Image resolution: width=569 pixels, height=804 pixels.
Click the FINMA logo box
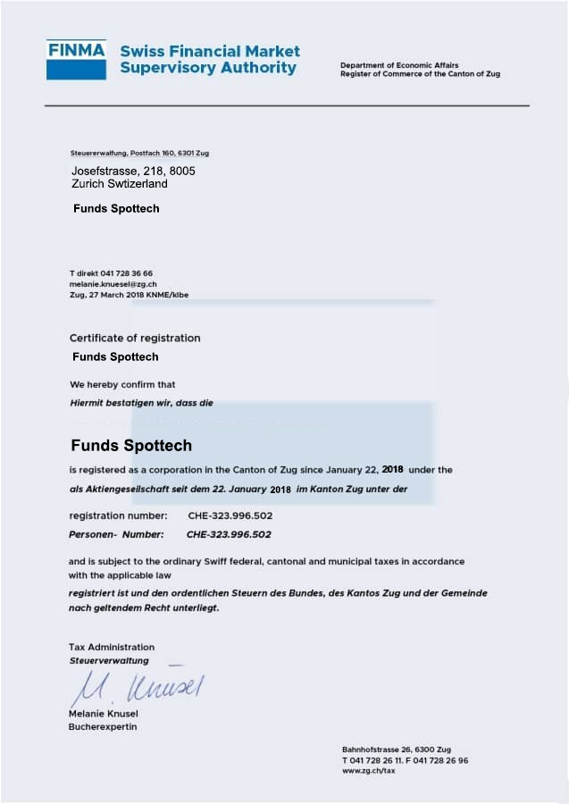click(77, 59)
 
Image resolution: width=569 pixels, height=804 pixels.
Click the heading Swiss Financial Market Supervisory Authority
click(210, 59)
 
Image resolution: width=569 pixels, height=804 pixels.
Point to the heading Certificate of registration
click(135, 338)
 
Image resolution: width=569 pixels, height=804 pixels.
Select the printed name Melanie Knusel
click(103, 714)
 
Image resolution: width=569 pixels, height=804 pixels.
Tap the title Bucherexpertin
click(103, 726)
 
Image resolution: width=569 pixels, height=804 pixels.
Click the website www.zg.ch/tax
click(368, 771)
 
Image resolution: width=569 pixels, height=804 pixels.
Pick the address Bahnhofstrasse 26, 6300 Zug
click(396, 749)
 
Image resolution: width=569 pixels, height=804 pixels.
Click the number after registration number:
click(230, 515)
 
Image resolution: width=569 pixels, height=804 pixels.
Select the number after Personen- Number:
click(228, 534)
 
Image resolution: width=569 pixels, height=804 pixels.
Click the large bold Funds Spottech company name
click(131, 445)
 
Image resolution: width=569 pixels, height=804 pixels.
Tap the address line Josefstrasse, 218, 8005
click(133, 171)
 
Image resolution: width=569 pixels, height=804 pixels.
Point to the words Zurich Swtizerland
click(120, 183)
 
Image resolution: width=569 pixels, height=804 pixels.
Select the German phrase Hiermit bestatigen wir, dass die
click(141, 403)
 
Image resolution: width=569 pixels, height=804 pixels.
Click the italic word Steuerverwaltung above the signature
click(109, 660)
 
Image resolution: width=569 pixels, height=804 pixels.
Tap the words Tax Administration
click(112, 647)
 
